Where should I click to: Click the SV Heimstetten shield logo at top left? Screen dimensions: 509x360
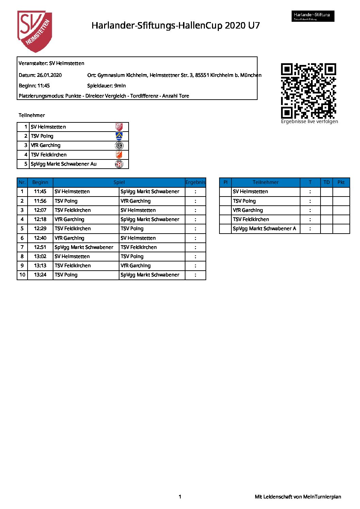tap(35, 31)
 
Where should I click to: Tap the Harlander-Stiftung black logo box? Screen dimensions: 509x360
tap(313, 16)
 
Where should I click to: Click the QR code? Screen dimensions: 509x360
tap(308, 91)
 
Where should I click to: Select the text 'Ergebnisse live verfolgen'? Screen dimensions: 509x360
tap(309, 121)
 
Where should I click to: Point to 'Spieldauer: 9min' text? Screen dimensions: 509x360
tap(107, 86)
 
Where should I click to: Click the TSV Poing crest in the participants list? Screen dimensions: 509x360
tap(119, 136)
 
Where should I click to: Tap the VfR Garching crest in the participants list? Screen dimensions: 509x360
tap(119, 146)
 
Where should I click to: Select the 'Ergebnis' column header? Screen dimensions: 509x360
tap(195, 182)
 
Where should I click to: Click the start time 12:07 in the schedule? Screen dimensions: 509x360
tap(40, 210)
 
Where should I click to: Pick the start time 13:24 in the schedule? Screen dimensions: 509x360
tap(40, 275)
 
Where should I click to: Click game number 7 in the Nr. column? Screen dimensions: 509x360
tap(22, 247)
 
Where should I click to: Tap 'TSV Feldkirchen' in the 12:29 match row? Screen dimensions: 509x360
tap(73, 228)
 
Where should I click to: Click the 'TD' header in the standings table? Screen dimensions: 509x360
tap(326, 182)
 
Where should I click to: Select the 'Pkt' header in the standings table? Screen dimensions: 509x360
tap(341, 182)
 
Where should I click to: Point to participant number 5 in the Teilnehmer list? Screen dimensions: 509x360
tap(26, 164)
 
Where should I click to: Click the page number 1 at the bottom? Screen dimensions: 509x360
tap(180, 497)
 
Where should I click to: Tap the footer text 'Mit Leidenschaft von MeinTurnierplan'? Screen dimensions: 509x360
tap(298, 497)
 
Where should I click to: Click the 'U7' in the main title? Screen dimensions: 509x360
tap(254, 26)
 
